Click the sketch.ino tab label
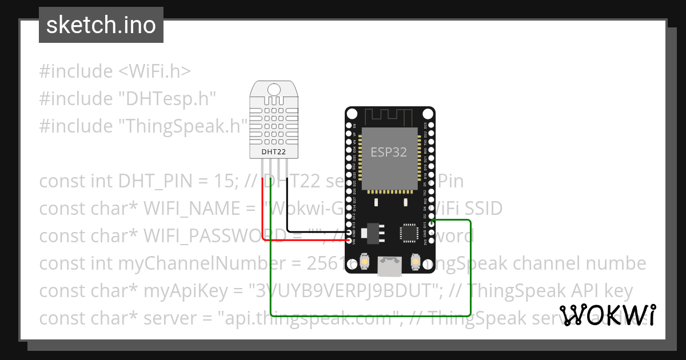tap(101, 25)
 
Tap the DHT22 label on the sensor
tap(273, 152)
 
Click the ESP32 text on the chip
tap(389, 152)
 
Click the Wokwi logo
tap(608, 315)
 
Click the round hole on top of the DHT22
tap(274, 89)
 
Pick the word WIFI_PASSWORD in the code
tap(214, 236)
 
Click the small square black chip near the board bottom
tap(408, 233)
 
